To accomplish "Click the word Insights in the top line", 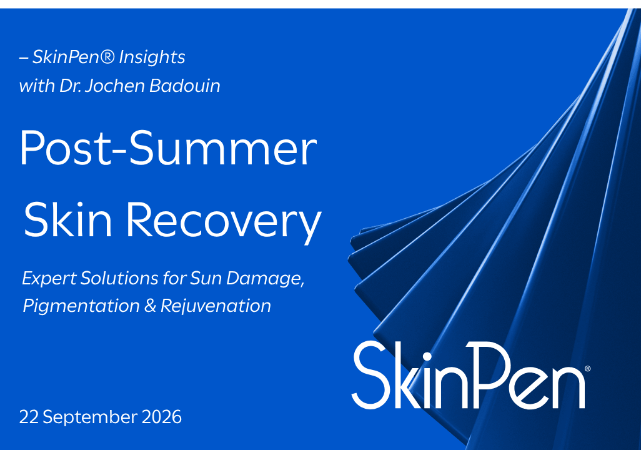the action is [152, 57].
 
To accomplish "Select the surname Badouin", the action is [185, 86].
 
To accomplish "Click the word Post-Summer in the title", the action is [168, 147].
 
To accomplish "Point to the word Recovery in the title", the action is [224, 220].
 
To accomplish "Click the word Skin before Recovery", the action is [68, 219].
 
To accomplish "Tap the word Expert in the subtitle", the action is [49, 279].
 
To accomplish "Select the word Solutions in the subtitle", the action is [119, 278].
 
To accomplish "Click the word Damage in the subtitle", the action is [266, 279].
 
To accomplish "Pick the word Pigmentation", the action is [81, 306].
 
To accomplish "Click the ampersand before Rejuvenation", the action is [150, 306].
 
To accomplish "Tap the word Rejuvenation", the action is [216, 306].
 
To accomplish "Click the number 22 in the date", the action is [29, 417].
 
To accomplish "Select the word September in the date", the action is [91, 417].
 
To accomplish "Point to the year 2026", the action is [161, 417].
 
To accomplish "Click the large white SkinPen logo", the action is [469, 375].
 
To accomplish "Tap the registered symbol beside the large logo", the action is [588, 369].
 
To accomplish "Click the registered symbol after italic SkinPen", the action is [107, 56].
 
